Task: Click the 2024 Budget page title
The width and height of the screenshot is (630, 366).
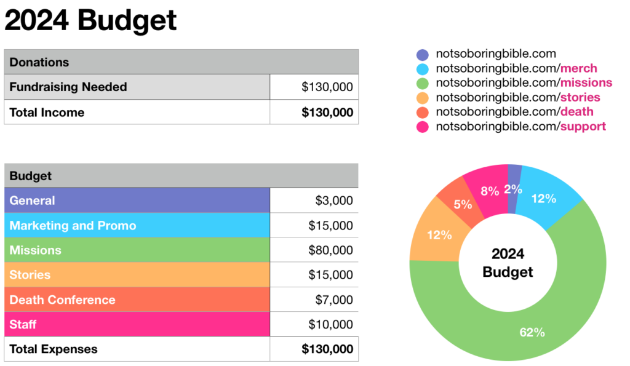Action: point(90,20)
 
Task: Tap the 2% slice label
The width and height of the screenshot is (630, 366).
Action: point(513,189)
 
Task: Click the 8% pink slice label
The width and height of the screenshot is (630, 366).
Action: point(490,191)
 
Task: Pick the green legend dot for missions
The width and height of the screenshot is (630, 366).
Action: point(422,83)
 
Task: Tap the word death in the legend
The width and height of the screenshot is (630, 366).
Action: point(576,112)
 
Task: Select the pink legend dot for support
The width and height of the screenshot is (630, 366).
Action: point(422,127)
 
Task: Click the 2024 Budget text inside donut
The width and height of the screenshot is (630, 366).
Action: point(508,263)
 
